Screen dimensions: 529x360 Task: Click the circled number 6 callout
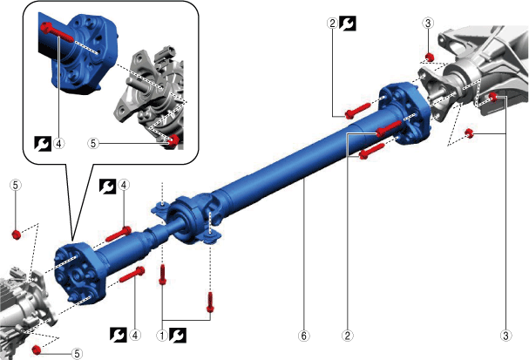pos(303,336)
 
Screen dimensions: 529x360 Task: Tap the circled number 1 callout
pos(162,336)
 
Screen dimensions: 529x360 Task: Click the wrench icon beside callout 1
pos(178,335)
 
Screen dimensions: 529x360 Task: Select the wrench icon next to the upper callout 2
pos(348,24)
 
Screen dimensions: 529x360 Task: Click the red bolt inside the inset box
pos(57,33)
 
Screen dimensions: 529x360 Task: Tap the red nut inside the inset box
pos(173,140)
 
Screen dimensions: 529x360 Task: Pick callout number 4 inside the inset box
pos(58,144)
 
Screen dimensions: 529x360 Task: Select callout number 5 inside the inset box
pos(93,144)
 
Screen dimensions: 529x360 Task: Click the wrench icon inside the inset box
pos(43,144)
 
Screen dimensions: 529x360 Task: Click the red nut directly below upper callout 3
pos(429,57)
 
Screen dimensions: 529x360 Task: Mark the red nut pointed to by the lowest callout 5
pos(37,350)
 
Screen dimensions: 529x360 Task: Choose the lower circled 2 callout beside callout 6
pos(348,336)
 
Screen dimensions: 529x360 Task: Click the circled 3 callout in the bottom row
pos(505,336)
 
